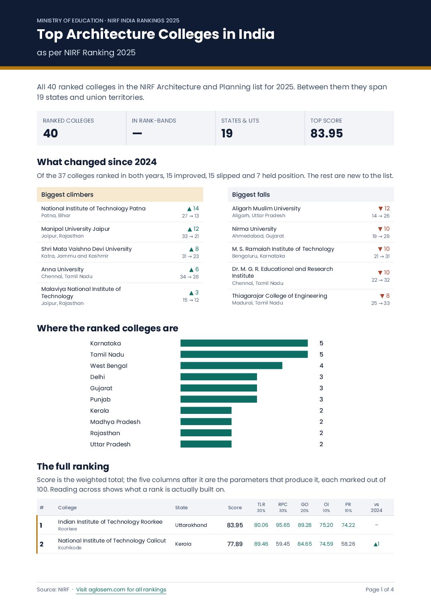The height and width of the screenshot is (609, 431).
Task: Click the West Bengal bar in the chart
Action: point(231,366)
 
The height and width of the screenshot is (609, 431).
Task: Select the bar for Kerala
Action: point(206,411)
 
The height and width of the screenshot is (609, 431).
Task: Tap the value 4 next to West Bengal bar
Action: point(321,366)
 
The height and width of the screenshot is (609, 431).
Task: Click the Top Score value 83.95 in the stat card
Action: point(326,133)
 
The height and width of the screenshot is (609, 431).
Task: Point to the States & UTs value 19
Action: point(227,133)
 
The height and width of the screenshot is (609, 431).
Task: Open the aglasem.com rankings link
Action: point(121,589)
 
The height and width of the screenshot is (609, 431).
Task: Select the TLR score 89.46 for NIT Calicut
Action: point(261,544)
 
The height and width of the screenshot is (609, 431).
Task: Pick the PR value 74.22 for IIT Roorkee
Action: point(348,525)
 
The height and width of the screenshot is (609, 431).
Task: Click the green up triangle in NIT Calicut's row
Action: point(376,544)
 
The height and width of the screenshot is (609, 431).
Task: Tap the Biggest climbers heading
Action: point(67,195)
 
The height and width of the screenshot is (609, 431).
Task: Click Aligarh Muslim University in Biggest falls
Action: point(266,208)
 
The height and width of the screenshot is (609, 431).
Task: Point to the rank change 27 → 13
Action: point(190,216)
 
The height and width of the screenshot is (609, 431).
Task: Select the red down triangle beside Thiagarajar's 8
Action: point(382,296)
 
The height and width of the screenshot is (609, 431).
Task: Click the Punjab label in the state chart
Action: point(100,399)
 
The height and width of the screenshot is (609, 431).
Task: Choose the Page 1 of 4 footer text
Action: point(380,589)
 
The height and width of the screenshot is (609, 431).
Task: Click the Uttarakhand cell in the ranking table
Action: point(191,525)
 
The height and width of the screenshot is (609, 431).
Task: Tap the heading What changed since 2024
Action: point(97,162)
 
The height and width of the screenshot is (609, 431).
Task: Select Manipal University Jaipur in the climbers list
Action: point(75,229)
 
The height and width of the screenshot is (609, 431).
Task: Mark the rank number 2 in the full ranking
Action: point(42,544)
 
